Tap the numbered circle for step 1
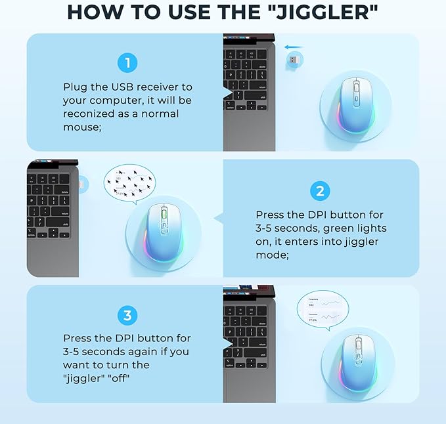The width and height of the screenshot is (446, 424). [128, 63]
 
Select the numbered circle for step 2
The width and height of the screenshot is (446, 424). [320, 191]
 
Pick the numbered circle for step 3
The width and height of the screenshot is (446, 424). [127, 315]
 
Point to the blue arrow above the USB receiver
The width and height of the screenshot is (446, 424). [294, 47]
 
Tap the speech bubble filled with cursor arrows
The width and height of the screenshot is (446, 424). [129, 183]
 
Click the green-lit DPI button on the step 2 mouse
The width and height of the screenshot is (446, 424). [162, 217]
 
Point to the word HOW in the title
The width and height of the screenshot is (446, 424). [94, 12]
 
